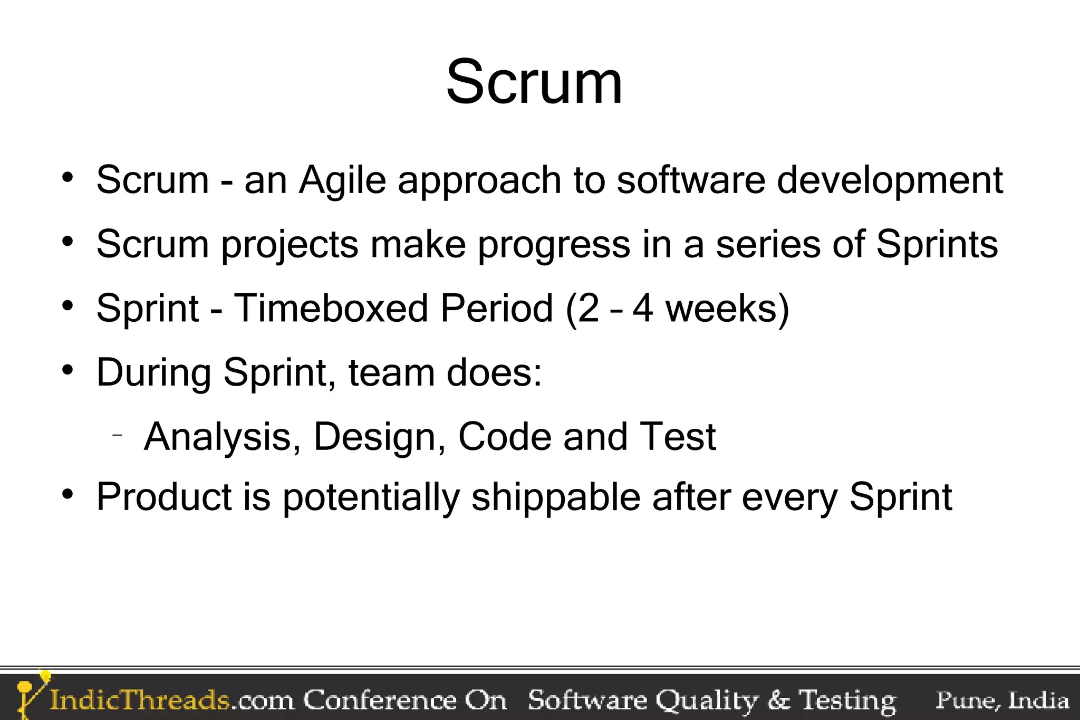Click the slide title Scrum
(534, 83)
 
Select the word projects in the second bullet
(289, 245)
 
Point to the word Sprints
(937, 244)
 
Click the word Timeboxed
(331, 308)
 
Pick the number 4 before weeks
(643, 308)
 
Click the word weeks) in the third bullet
(727, 308)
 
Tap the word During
(154, 373)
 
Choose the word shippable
(556, 497)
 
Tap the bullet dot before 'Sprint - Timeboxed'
(67, 305)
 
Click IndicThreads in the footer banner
(139, 700)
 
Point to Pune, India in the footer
(1002, 700)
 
